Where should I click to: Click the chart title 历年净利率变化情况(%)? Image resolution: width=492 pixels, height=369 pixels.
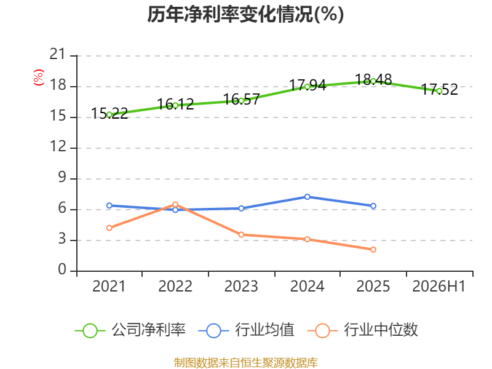pyautogui.click(x=245, y=15)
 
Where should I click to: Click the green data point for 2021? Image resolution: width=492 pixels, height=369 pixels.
pyautogui.click(x=109, y=115)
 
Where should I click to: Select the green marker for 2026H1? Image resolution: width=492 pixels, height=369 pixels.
pyautogui.click(x=439, y=91)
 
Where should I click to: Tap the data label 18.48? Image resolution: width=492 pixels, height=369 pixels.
pyautogui.click(x=373, y=79)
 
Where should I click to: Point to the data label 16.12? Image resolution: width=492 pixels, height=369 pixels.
pyautogui.click(x=175, y=104)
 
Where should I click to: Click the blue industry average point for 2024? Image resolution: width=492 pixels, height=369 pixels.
pyautogui.click(x=307, y=197)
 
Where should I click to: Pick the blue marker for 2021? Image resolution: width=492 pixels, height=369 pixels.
pyautogui.click(x=109, y=205)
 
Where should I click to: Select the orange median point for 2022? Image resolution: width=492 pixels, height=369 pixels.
pyautogui.click(x=175, y=205)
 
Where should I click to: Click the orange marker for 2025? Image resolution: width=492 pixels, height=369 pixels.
pyautogui.click(x=373, y=250)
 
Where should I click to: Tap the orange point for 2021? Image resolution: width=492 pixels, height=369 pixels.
pyautogui.click(x=109, y=228)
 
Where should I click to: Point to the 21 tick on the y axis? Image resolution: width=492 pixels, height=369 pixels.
pyautogui.click(x=58, y=55)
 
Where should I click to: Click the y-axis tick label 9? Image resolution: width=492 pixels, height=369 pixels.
pyautogui.click(x=62, y=178)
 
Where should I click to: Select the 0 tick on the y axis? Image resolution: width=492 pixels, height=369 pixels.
pyautogui.click(x=62, y=270)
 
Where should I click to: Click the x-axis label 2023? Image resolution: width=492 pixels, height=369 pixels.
pyautogui.click(x=241, y=287)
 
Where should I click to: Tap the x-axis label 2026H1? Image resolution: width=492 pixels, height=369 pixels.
pyautogui.click(x=438, y=287)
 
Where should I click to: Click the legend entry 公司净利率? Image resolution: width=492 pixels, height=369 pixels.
pyautogui.click(x=130, y=330)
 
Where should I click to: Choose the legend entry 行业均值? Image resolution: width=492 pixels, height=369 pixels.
pyautogui.click(x=247, y=330)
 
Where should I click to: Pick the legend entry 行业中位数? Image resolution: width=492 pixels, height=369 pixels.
pyautogui.click(x=362, y=330)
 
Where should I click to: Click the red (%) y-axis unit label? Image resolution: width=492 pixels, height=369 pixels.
pyautogui.click(x=39, y=77)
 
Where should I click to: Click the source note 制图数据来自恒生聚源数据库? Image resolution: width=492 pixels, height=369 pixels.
pyautogui.click(x=246, y=363)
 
